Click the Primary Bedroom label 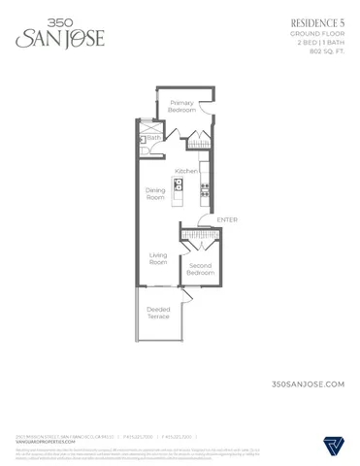tap(182, 107)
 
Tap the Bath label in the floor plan tap(153, 138)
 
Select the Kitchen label tap(186, 171)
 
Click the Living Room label tap(158, 258)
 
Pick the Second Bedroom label tap(200, 270)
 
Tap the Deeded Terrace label tap(158, 314)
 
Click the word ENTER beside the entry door tap(227, 220)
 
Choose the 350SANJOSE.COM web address tap(310, 385)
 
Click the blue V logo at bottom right tap(333, 447)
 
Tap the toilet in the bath tap(143, 140)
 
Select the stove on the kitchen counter tap(202, 167)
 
